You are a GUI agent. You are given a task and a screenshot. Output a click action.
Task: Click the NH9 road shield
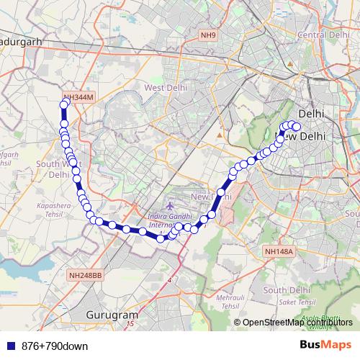208,35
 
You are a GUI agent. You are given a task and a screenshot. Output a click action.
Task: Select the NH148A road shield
279,251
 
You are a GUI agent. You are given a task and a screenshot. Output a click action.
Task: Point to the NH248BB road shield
86,276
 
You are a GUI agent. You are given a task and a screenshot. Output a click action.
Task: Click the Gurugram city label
112,315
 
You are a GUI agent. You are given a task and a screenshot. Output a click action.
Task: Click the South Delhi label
286,290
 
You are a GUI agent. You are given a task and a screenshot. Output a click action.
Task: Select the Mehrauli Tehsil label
229,301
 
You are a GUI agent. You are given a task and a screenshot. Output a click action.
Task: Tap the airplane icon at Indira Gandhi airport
168,206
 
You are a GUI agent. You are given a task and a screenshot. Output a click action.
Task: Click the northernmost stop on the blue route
64,104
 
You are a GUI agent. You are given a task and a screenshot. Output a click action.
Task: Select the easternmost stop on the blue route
296,127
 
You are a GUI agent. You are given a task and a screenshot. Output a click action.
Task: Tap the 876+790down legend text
55,346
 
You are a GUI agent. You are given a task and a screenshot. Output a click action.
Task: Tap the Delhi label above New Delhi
311,114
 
